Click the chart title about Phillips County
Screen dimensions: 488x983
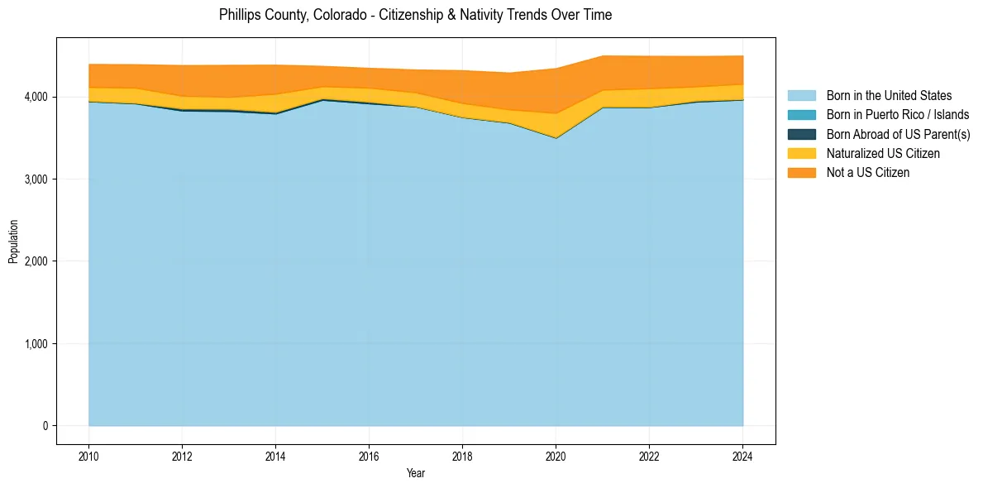pos(415,15)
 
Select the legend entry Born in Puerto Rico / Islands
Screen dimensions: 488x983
pos(898,115)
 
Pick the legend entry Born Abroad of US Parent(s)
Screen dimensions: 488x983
pos(898,134)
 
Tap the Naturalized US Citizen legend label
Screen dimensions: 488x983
pos(883,153)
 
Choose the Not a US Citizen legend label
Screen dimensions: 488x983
pos(867,172)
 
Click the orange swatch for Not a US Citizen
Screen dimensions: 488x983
pos(801,172)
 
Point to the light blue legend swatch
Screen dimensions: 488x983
pos(801,96)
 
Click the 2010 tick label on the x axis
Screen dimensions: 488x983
pos(88,455)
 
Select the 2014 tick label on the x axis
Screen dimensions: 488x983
pos(275,455)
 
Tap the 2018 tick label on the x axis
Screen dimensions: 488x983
pos(462,455)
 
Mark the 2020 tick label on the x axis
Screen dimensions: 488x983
pos(556,455)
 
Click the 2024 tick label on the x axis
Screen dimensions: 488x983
pos(742,455)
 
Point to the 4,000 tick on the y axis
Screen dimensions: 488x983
pos(36,97)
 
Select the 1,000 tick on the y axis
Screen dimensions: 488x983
pos(36,343)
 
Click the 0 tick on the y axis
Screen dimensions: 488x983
pos(45,425)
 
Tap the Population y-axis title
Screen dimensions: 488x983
pos(13,241)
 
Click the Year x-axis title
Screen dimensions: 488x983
pos(415,473)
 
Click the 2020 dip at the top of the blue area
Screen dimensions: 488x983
pos(556,138)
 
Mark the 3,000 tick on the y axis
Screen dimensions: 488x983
pos(36,179)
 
